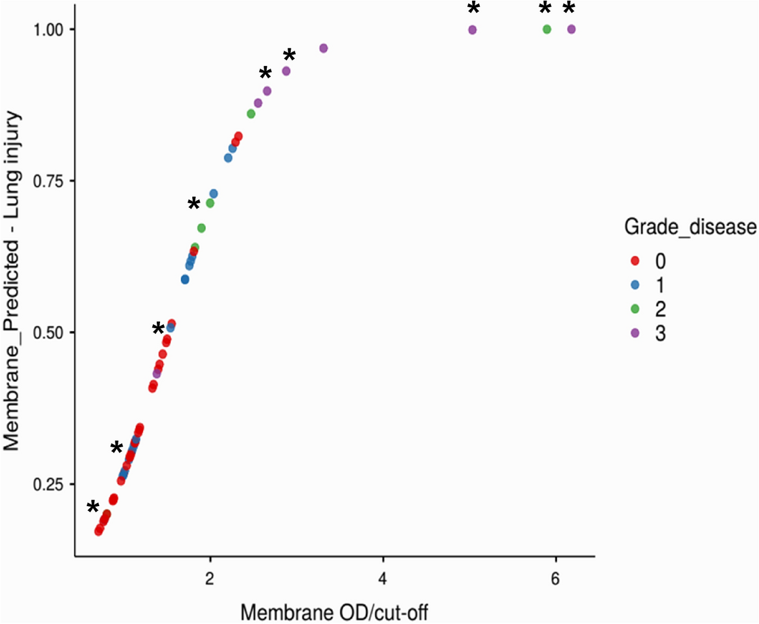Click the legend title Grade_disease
pos(690,227)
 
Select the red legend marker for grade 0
pos(635,261)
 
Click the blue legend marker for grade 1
pos(635,285)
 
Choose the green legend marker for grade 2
pos(635,309)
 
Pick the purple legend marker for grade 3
pos(635,333)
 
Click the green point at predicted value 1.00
pos(547,29)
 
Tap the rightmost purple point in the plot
pos(571,29)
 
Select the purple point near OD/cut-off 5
pos(472,30)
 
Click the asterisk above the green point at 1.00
pos(545,9)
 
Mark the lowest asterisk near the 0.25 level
pos(93,507)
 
